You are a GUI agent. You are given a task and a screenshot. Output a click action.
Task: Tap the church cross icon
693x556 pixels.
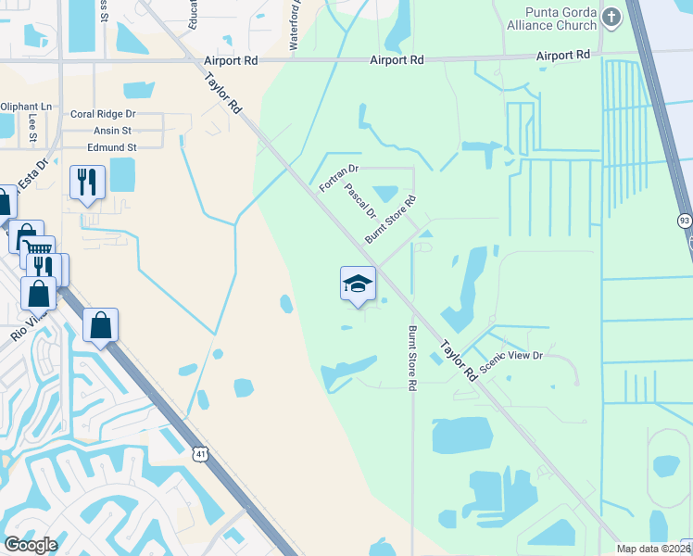611,17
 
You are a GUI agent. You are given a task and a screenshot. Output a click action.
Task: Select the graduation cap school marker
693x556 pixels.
358,284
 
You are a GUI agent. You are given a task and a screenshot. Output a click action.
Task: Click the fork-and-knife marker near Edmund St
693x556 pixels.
88,182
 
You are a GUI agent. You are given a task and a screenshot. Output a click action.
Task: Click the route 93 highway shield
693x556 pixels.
685,221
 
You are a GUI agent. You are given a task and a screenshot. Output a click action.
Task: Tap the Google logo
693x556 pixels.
30,545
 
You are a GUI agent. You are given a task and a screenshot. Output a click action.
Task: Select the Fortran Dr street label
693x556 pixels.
338,178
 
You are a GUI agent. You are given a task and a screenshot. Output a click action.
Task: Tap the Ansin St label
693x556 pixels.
114,131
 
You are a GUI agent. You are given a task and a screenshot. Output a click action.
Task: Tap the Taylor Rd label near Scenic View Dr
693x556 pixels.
458,360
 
